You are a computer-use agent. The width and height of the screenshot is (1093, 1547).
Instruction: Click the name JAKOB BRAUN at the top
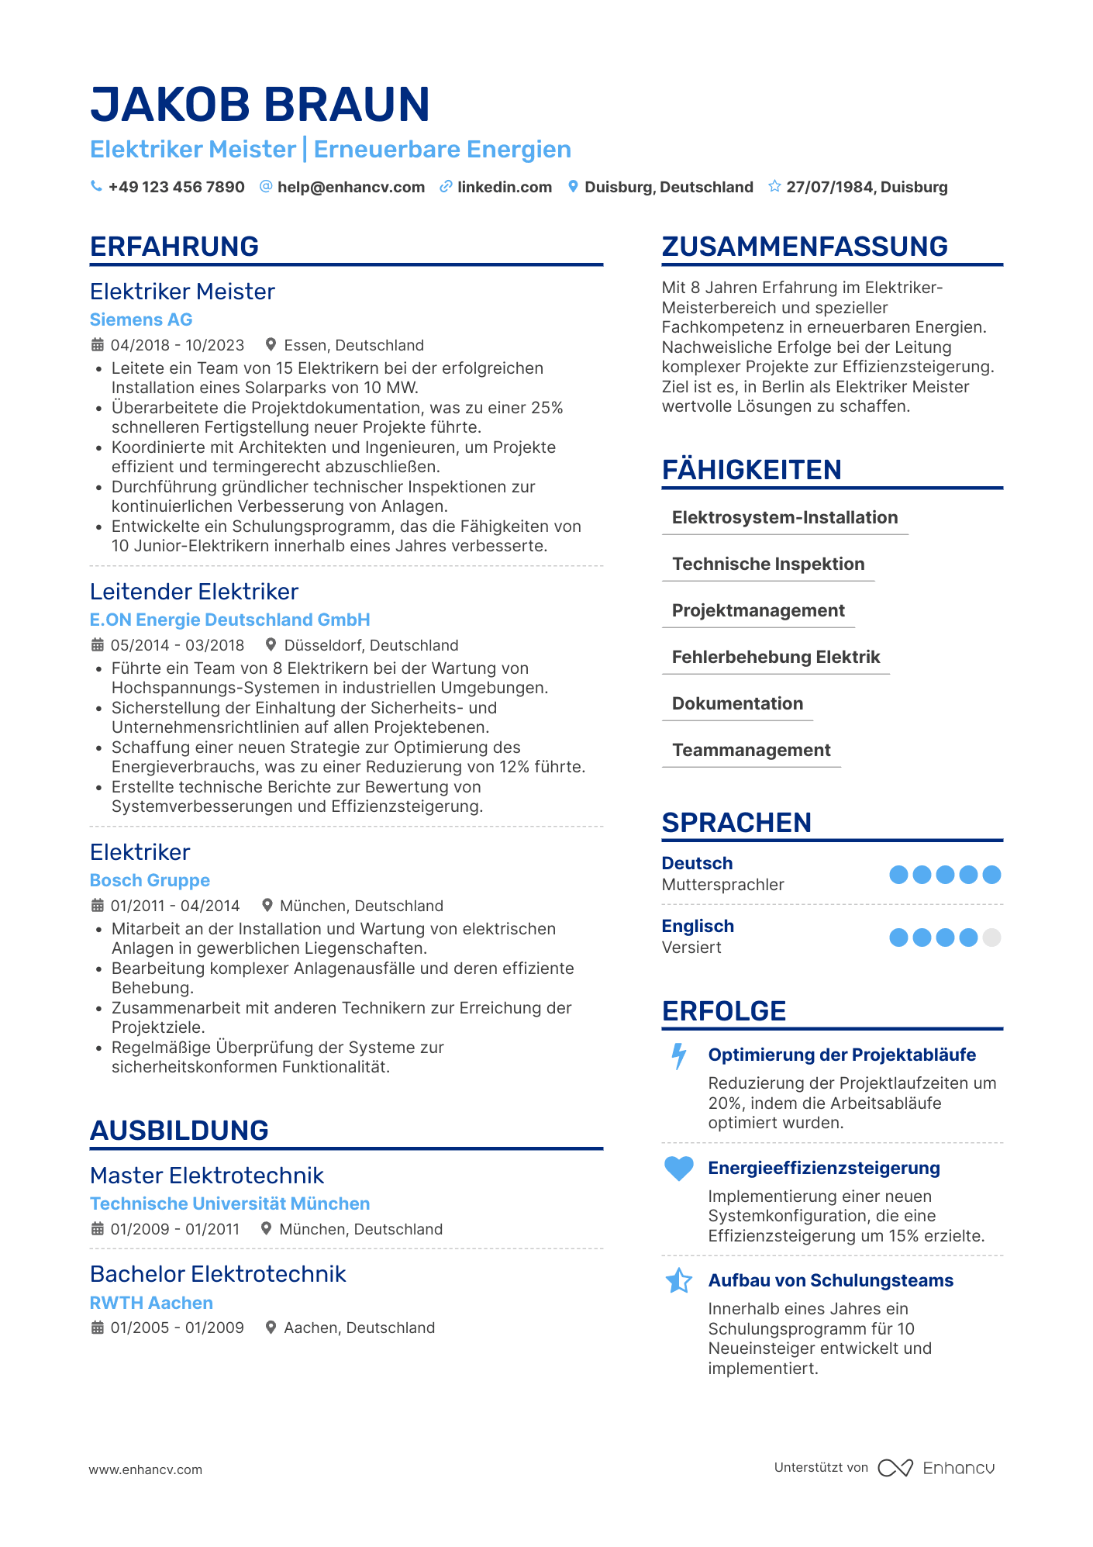260,105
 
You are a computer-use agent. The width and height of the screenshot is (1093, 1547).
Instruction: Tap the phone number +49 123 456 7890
176,187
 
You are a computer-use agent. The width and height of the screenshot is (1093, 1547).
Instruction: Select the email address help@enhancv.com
350,187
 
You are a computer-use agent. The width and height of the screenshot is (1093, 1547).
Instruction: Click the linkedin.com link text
504,187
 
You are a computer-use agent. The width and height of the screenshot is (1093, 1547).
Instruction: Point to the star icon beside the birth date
774,186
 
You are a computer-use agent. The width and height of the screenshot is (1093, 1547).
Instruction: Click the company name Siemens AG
141,319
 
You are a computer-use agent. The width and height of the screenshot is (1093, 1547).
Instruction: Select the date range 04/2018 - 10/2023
177,345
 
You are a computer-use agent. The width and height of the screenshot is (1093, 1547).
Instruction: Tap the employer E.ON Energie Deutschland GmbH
229,620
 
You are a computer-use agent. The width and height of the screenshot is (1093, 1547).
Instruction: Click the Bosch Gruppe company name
150,880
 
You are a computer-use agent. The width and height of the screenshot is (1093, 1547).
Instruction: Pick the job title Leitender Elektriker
194,592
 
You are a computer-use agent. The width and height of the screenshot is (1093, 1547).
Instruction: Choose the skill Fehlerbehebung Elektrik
775,658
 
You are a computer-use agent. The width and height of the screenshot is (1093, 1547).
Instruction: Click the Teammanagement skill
751,751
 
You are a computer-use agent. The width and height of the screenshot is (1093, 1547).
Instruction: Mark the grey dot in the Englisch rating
991,938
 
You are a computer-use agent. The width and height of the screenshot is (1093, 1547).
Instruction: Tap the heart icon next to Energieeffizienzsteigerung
679,1169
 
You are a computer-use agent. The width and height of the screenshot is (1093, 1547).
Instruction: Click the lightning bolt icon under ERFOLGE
679,1056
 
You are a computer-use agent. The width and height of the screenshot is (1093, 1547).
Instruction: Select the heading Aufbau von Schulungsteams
830,1280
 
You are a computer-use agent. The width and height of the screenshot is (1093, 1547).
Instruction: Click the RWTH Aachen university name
151,1303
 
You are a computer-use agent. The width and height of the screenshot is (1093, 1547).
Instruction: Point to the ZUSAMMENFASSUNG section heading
805,247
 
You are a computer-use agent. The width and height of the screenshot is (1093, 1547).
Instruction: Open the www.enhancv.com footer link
145,1469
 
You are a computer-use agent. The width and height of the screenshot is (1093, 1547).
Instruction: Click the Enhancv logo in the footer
936,1468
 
